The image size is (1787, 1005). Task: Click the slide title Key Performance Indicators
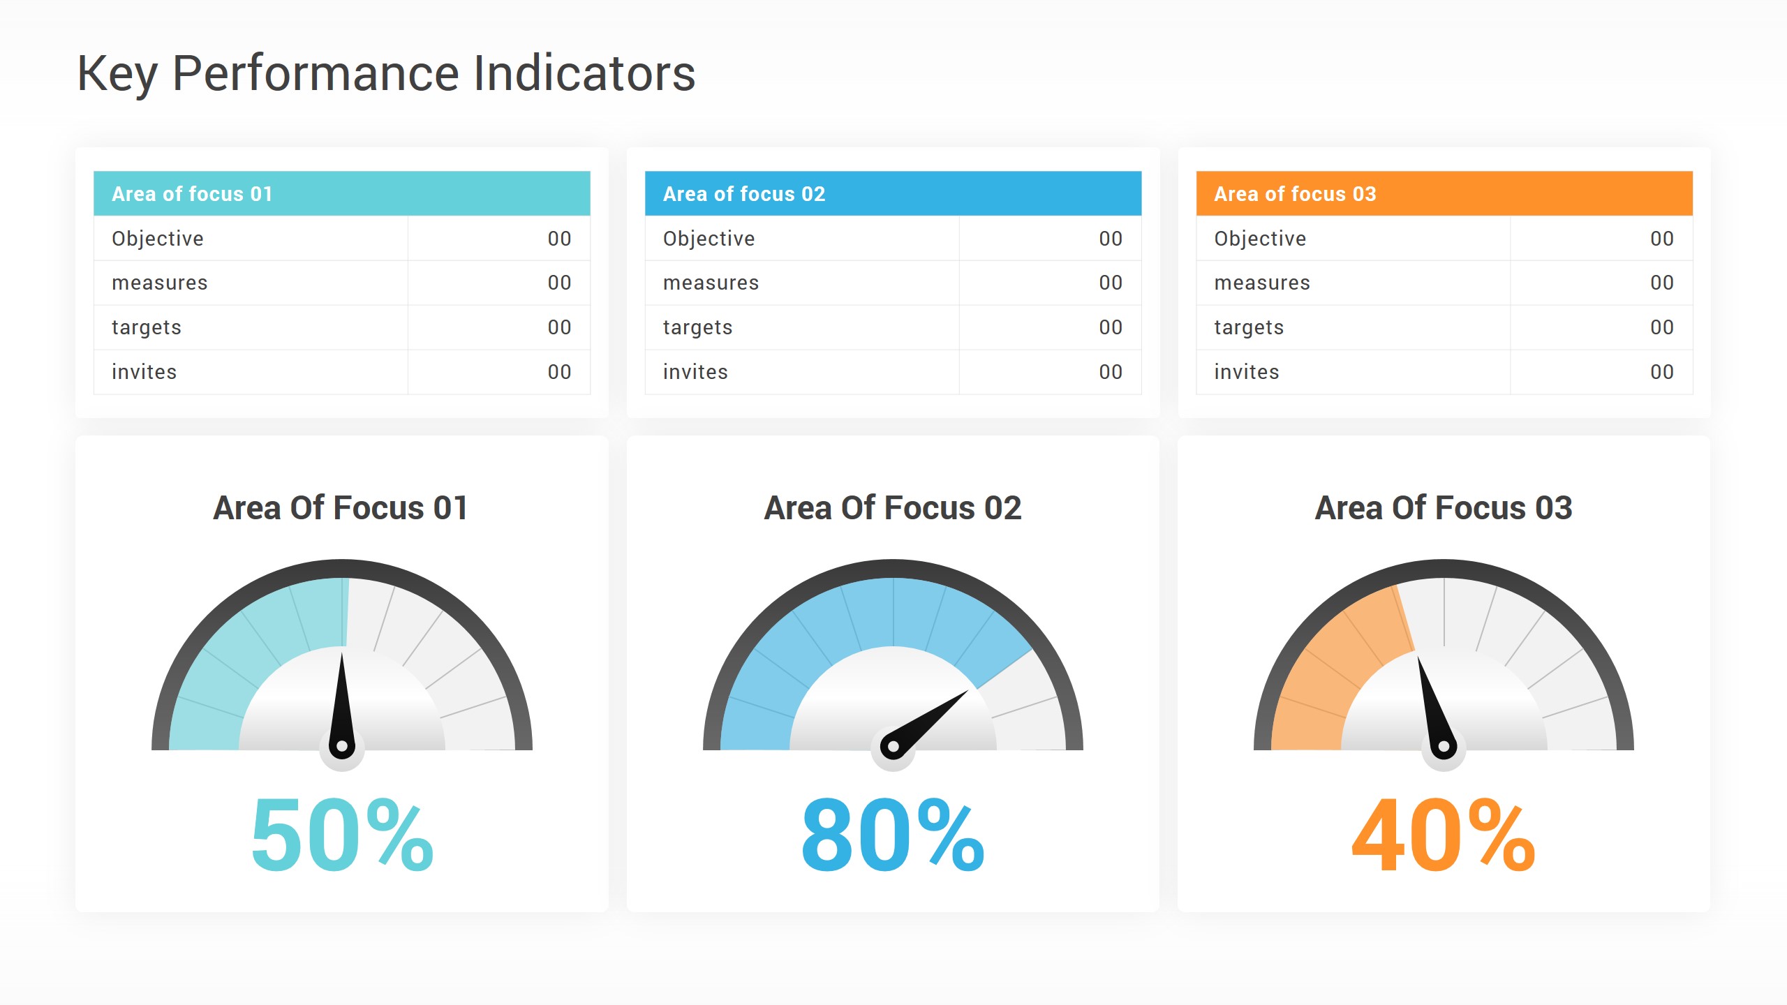click(x=386, y=73)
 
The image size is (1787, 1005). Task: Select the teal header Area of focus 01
click(x=192, y=193)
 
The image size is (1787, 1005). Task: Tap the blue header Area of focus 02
click(x=744, y=193)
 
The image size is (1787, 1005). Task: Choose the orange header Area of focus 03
click(x=1295, y=193)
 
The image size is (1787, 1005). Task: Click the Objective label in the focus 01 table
click(x=158, y=239)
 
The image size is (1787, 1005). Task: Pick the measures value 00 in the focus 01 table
click(x=559, y=283)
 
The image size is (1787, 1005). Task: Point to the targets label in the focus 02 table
click(x=697, y=327)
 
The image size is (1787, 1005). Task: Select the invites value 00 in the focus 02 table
click(x=1111, y=372)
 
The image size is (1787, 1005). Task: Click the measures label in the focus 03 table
click(x=1262, y=283)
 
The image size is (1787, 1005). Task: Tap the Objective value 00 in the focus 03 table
click(x=1661, y=239)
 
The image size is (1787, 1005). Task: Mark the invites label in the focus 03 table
click(x=1247, y=372)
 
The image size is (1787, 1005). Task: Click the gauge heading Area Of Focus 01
click(x=341, y=507)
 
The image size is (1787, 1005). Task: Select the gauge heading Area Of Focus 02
click(x=893, y=507)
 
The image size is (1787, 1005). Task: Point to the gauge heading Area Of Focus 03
click(x=1444, y=507)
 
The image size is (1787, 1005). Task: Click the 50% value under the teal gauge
click(x=342, y=835)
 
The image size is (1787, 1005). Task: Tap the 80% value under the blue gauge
click(x=893, y=835)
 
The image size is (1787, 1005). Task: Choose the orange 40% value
click(x=1444, y=835)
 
